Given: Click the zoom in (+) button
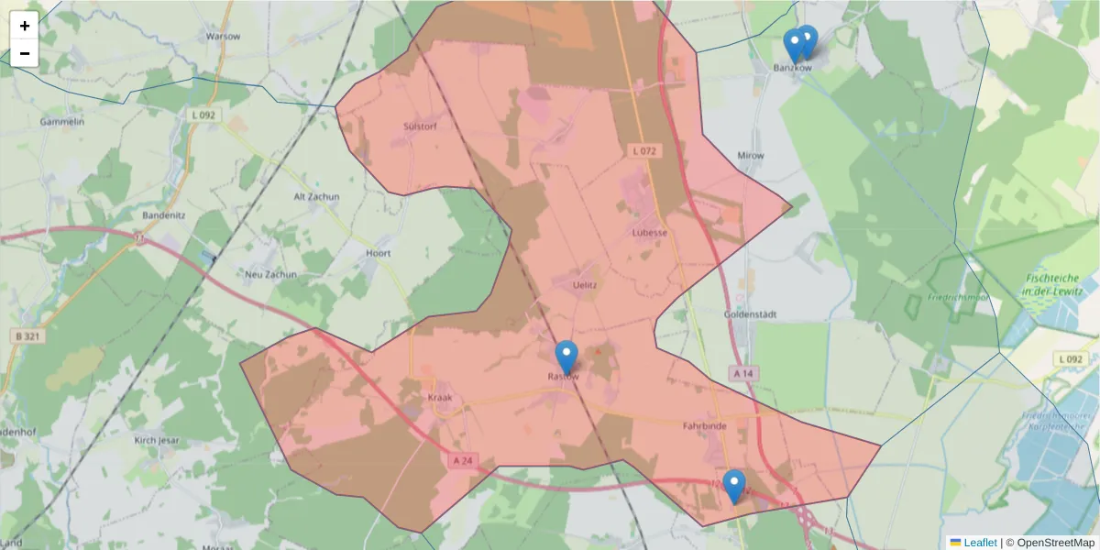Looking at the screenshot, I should click(x=25, y=26).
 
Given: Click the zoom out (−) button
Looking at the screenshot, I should click(x=25, y=53).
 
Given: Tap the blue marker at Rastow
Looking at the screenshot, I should click(x=566, y=357).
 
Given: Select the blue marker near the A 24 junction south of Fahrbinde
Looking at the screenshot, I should click(x=733, y=486).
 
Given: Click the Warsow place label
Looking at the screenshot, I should click(x=223, y=37).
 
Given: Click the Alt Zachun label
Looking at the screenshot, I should click(x=316, y=197).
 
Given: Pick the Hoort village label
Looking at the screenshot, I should click(x=378, y=253).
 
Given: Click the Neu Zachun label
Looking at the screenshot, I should click(x=270, y=274).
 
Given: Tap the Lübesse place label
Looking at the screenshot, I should click(x=650, y=233).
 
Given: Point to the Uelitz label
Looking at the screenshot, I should click(x=584, y=285).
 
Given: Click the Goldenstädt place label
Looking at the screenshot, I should click(x=750, y=314).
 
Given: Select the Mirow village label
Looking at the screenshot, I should click(x=751, y=156).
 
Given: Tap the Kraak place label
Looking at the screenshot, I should click(x=440, y=398).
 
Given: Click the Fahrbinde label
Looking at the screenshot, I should click(x=704, y=426).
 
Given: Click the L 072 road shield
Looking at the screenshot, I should click(x=645, y=149).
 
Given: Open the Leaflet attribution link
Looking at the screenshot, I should click(x=979, y=543).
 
